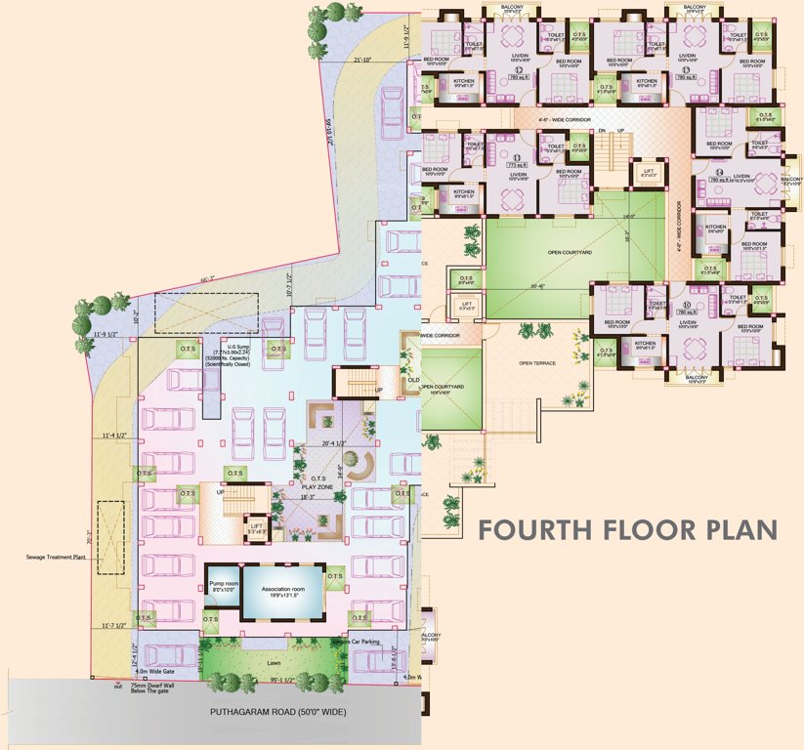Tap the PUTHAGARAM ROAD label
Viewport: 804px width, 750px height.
[x=277, y=711]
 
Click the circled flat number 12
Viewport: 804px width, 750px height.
[x=521, y=70]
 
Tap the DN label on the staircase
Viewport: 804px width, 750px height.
[x=603, y=130]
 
